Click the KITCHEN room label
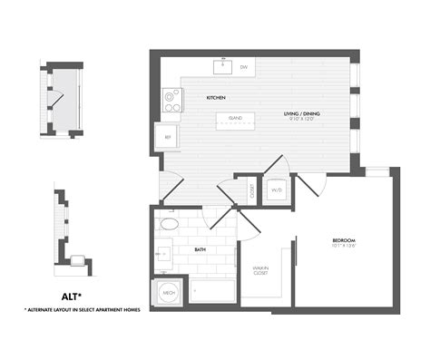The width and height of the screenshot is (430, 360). click(215, 97)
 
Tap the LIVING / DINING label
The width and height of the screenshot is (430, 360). click(305, 113)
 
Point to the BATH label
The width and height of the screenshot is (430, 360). click(200, 249)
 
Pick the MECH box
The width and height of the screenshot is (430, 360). click(169, 292)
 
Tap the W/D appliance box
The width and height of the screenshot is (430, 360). click(277, 190)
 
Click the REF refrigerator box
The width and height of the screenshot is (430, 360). click(167, 137)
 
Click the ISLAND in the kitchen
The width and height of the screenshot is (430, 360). click(234, 118)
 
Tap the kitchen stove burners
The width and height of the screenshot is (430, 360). click(170, 100)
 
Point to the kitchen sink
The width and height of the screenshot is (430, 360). click(221, 66)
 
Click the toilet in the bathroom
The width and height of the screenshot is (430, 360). click(169, 224)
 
